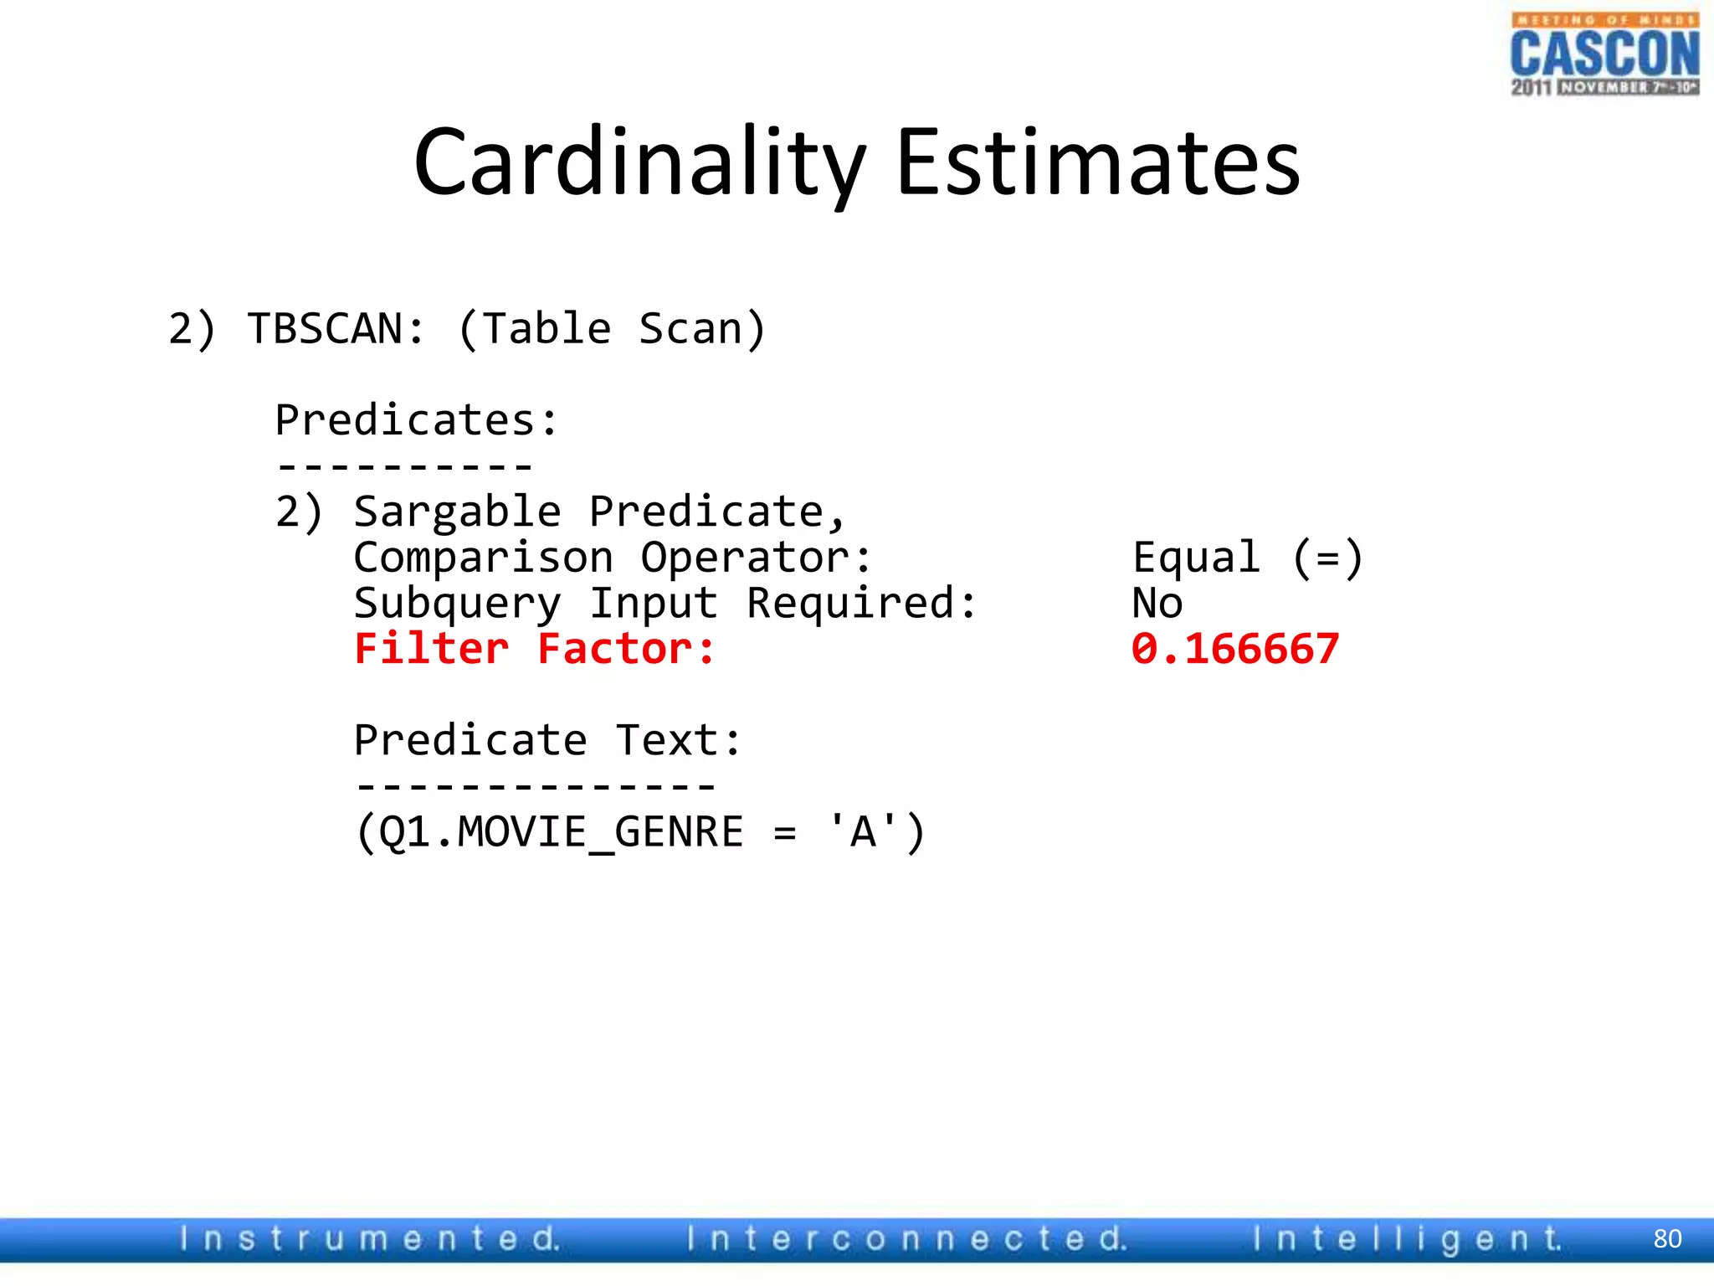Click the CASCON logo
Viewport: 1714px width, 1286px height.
[x=1604, y=54]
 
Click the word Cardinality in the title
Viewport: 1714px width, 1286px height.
[x=639, y=162]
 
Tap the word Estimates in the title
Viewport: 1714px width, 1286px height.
[x=1098, y=162]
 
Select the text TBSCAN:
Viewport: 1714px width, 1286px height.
[x=336, y=328]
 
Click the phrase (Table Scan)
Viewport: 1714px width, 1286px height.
[x=612, y=328]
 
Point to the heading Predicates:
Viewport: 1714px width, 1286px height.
[x=416, y=419]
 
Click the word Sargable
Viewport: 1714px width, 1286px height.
[x=457, y=512]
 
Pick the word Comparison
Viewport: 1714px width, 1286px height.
[x=483, y=558]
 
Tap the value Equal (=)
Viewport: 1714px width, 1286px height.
[x=1248, y=558]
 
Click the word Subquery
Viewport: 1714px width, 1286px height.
[x=457, y=604]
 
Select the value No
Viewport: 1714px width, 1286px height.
[x=1157, y=604]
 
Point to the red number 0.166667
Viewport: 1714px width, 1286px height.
[x=1235, y=649]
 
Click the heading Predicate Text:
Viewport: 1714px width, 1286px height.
[x=548, y=740]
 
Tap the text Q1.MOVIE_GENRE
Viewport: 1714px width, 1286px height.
[x=561, y=832]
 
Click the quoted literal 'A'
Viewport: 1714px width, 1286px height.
[x=862, y=832]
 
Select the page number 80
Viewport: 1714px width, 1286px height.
[x=1667, y=1238]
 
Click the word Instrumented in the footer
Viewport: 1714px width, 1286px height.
[x=369, y=1238]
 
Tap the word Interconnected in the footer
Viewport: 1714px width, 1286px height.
[x=906, y=1238]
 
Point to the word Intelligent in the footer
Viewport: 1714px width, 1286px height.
[x=1406, y=1238]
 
